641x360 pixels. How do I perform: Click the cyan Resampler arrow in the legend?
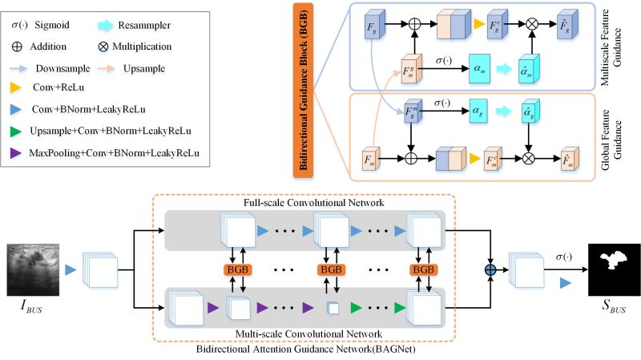[129, 26]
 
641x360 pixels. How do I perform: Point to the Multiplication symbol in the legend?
[129, 47]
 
